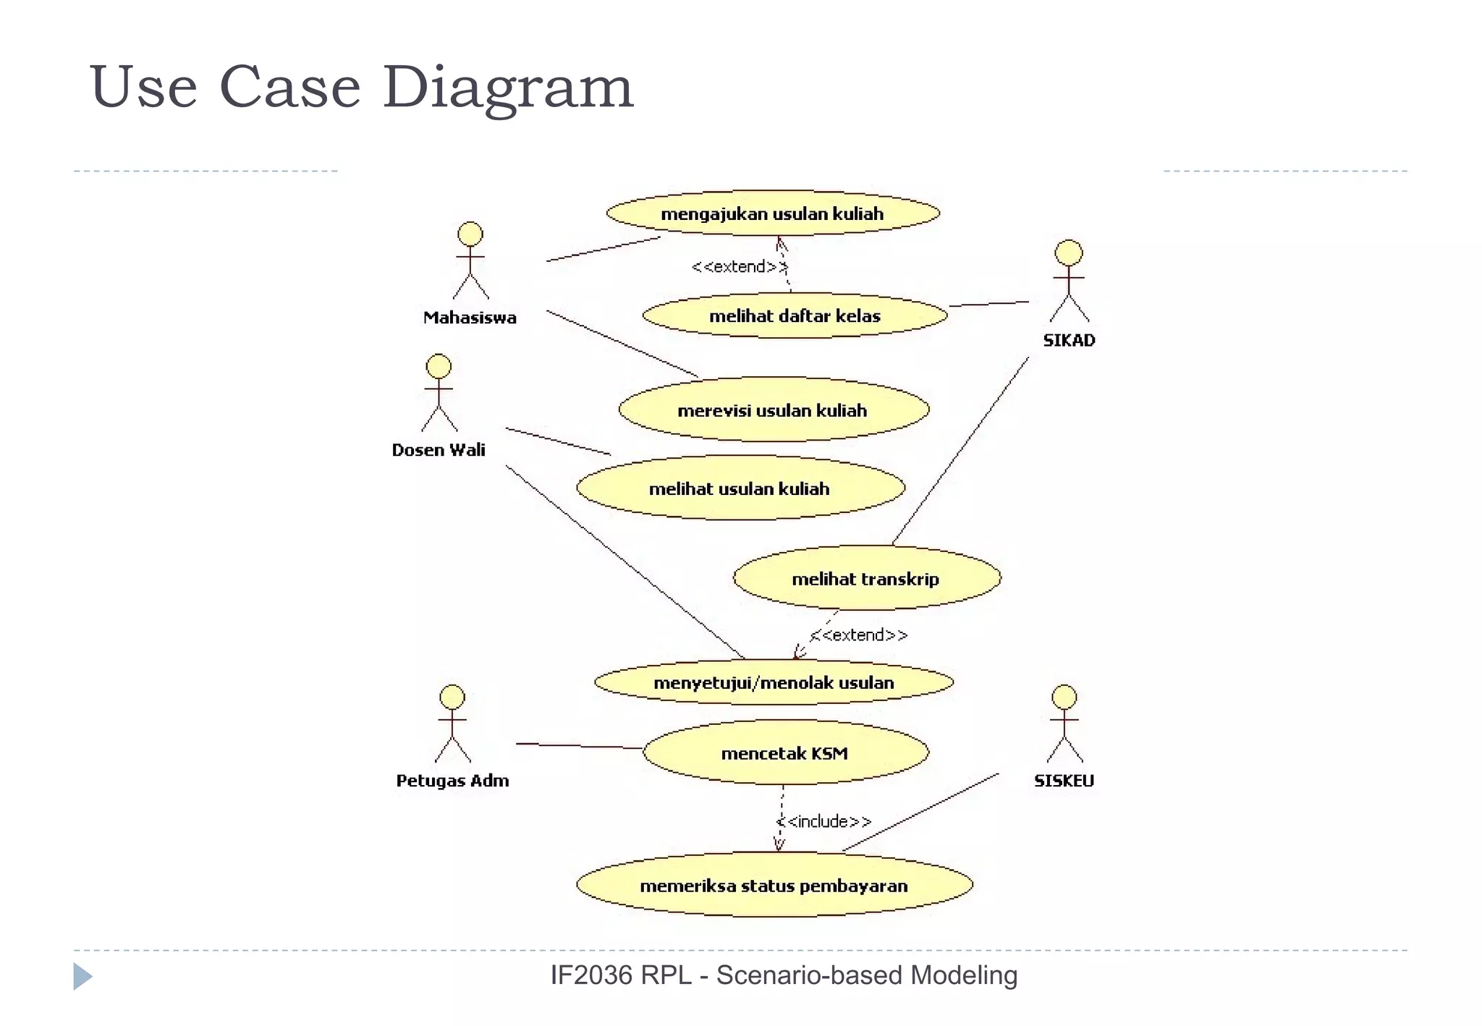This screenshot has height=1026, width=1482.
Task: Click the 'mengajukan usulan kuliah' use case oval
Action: coord(772,213)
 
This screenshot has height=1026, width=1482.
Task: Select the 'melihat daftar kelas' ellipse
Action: coord(795,315)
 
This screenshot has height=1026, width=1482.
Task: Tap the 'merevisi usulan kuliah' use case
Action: coord(773,410)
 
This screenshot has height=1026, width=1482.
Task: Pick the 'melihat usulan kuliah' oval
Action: coord(740,488)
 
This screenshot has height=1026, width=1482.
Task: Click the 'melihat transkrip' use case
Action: coord(866,578)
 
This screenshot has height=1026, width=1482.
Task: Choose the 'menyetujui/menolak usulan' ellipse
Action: coord(774,682)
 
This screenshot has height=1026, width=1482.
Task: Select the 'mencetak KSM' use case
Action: coord(785,752)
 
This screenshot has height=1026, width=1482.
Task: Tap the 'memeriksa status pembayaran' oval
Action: coord(774,885)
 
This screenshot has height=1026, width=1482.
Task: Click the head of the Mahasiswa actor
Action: coord(470,234)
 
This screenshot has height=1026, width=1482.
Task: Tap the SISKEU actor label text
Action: coord(1064,780)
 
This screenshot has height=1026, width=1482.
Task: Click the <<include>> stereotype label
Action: coord(824,821)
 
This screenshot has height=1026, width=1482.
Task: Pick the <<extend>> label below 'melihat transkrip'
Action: coord(859,635)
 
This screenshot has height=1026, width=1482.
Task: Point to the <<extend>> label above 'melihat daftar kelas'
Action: coord(739,266)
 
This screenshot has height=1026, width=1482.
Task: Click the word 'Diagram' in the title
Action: coord(508,87)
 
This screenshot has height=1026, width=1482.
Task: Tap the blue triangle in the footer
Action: coord(82,976)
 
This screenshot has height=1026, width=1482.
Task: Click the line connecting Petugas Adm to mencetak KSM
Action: coord(579,746)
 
